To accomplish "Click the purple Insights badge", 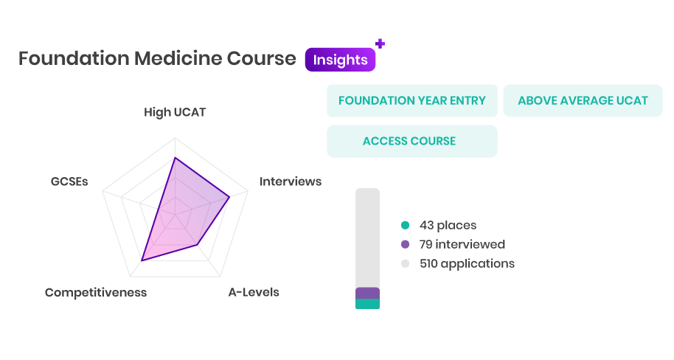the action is (x=340, y=60).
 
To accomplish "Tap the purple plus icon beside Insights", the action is (x=380, y=44).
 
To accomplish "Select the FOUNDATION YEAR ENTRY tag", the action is (x=411, y=100).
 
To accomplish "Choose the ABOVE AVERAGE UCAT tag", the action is (x=583, y=100).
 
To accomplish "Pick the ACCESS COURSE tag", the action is (x=411, y=141).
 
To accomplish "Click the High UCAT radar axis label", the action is (x=175, y=112).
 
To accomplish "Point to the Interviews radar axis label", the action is (x=290, y=181).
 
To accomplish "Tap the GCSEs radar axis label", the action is (x=69, y=181).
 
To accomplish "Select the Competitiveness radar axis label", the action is (x=96, y=292).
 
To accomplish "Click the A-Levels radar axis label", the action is (x=254, y=292).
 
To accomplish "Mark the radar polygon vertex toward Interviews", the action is (x=229, y=197).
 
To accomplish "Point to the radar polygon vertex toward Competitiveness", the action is (x=142, y=260).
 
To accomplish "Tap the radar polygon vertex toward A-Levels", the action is (x=198, y=245).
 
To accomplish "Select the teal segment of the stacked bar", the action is (x=367, y=304).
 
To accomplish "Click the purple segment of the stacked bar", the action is (x=367, y=293).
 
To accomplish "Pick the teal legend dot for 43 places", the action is (x=405, y=225).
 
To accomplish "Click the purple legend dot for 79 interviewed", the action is (x=405, y=244).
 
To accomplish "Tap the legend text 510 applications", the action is (x=467, y=263).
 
